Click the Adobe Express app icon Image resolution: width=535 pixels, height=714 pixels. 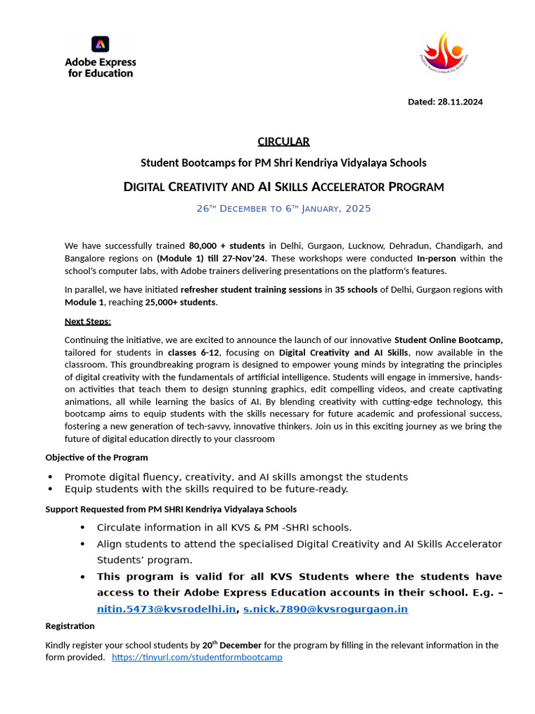(x=100, y=44)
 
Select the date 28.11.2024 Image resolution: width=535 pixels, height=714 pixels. (x=460, y=102)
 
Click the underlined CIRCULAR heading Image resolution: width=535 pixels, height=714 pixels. (x=284, y=142)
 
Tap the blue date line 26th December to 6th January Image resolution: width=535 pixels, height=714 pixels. (x=284, y=208)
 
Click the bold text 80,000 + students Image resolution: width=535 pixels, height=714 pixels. (x=226, y=246)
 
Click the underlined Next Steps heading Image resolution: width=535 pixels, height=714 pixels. (x=88, y=321)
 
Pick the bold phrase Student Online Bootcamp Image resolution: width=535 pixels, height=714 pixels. (x=449, y=340)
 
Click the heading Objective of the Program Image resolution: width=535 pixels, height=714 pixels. (x=97, y=457)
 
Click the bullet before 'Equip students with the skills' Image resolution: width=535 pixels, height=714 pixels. (x=50, y=489)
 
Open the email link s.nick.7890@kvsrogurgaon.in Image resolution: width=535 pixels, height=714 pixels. (x=325, y=609)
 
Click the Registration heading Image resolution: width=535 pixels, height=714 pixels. (x=70, y=626)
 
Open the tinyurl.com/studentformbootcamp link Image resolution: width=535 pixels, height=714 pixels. (x=197, y=658)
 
